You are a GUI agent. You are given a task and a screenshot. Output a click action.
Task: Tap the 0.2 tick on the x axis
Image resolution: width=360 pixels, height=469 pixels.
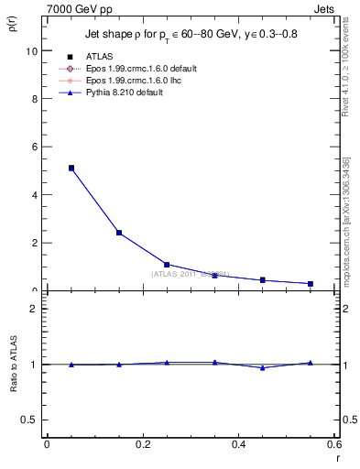click(x=143, y=444)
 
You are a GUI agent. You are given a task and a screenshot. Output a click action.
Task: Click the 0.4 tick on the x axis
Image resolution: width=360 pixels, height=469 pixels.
click(x=239, y=444)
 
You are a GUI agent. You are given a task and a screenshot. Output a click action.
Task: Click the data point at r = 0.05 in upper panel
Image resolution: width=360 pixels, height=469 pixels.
click(x=71, y=169)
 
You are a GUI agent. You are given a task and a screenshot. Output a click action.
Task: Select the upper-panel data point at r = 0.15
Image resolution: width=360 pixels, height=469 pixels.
click(x=119, y=233)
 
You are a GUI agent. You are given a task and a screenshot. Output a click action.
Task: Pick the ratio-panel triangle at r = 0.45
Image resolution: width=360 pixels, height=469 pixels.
click(x=263, y=368)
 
